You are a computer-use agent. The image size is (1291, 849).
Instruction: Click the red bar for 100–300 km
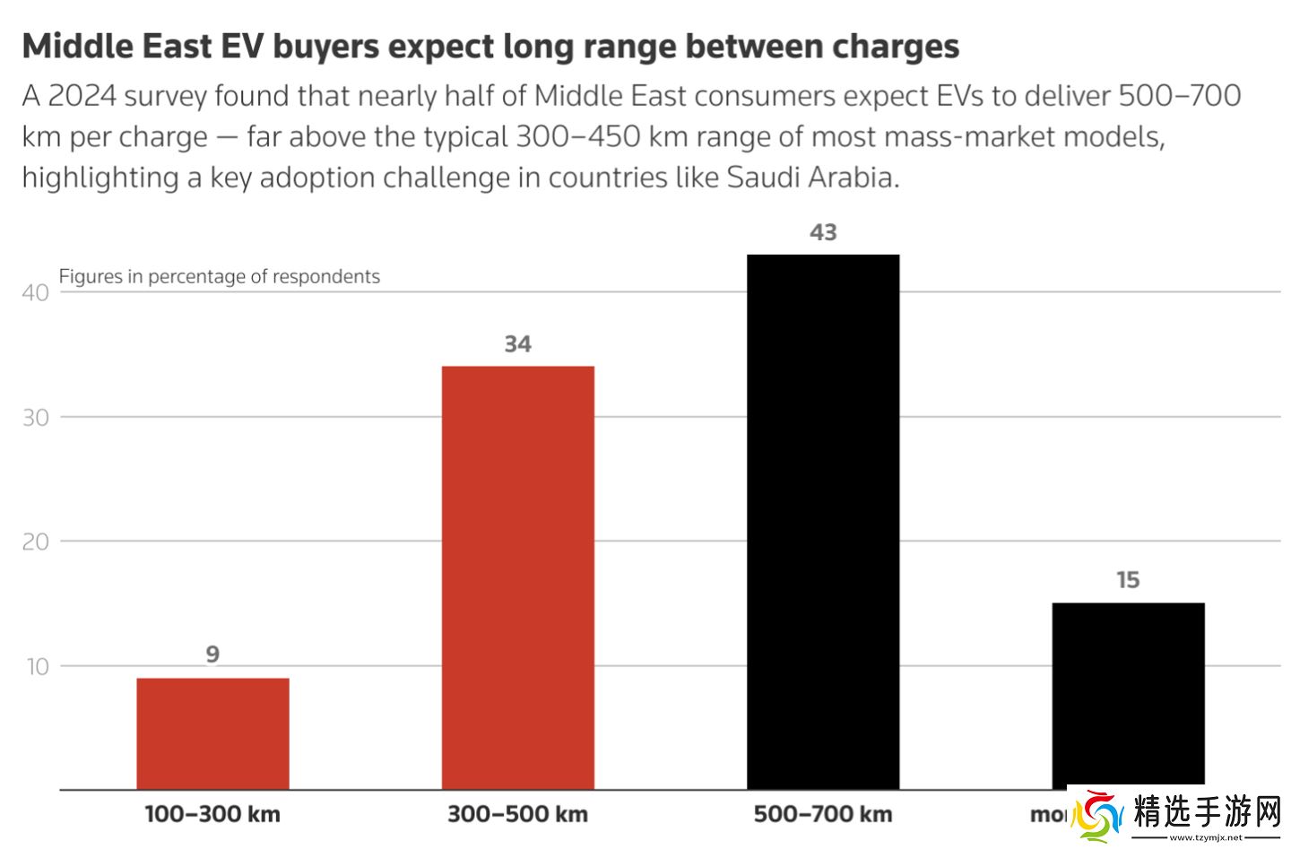pyautogui.click(x=212, y=733)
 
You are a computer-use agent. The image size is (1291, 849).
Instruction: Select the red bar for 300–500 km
pyautogui.click(x=517, y=577)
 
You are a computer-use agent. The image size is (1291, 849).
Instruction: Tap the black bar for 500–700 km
pyautogui.click(x=822, y=522)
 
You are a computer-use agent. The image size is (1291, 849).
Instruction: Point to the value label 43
pyautogui.click(x=823, y=232)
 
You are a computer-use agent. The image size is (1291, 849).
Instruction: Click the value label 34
pyautogui.click(x=517, y=344)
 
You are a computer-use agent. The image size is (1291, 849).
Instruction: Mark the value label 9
pyautogui.click(x=212, y=654)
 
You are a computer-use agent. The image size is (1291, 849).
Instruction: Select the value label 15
pyautogui.click(x=1128, y=580)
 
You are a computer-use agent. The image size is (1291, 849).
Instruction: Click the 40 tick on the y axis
pyautogui.click(x=36, y=293)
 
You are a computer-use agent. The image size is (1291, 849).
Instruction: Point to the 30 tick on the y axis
pyautogui.click(x=36, y=418)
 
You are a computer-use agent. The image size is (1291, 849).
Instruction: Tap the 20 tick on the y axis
pyautogui.click(x=36, y=541)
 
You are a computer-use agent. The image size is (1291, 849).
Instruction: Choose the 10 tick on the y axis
pyautogui.click(x=37, y=666)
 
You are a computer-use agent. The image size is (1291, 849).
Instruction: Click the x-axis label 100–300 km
pyautogui.click(x=212, y=814)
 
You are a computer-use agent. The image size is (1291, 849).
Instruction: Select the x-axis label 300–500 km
pyautogui.click(x=517, y=814)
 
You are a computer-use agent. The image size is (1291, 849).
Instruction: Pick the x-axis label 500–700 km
pyautogui.click(x=823, y=814)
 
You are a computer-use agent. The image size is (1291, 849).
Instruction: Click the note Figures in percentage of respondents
pyautogui.click(x=220, y=276)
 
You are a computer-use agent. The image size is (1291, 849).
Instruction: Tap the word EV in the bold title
pyautogui.click(x=239, y=47)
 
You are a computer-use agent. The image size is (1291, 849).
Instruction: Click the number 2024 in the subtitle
pyautogui.click(x=82, y=96)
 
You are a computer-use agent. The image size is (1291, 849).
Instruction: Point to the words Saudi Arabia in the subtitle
pyautogui.click(x=810, y=178)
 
